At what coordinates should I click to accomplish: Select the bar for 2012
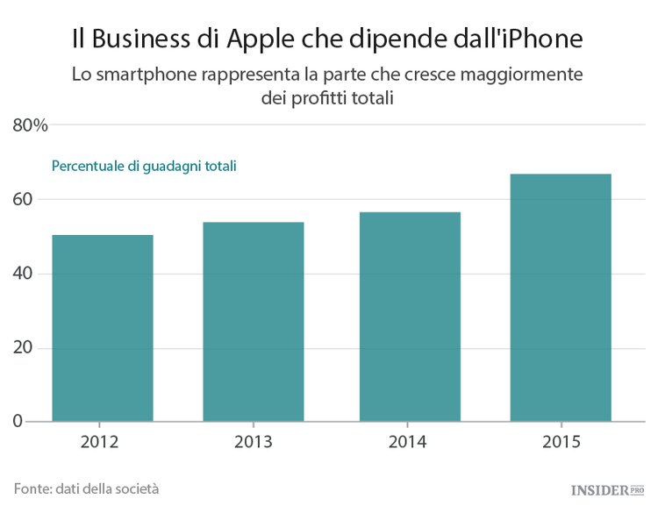pyautogui.click(x=103, y=328)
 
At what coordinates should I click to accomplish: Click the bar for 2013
pyautogui.click(x=254, y=322)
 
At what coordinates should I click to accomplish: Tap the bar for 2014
pyautogui.click(x=410, y=317)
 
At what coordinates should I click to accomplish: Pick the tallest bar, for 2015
pyautogui.click(x=561, y=298)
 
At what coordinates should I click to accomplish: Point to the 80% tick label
pyautogui.click(x=30, y=125)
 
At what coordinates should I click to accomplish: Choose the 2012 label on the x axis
pyautogui.click(x=103, y=441)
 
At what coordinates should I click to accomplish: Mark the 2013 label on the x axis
pyautogui.click(x=254, y=441)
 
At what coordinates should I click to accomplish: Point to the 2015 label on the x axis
pyautogui.click(x=561, y=441)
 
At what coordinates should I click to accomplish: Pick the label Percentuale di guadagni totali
pyautogui.click(x=144, y=165)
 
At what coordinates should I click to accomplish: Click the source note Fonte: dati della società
pyautogui.click(x=86, y=488)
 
